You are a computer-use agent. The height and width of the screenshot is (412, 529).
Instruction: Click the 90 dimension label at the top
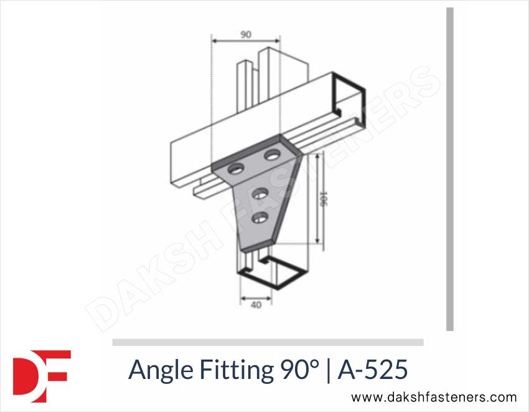point(246,35)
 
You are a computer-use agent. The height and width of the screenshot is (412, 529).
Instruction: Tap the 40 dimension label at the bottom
point(256,305)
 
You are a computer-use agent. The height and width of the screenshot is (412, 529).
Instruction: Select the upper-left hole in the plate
point(236,168)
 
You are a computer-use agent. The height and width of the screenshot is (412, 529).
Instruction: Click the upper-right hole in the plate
point(272,153)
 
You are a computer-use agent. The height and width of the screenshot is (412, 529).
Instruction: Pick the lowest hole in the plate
point(260,217)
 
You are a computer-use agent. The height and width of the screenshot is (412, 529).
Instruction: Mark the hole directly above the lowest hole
point(260,193)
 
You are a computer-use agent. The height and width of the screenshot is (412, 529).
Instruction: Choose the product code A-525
point(373,370)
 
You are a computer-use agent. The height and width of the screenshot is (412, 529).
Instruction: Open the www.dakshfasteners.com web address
point(434,397)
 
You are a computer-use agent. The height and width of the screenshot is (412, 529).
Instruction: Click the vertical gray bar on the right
point(450,168)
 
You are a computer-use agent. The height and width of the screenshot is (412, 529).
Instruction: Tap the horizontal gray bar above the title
point(268,342)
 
